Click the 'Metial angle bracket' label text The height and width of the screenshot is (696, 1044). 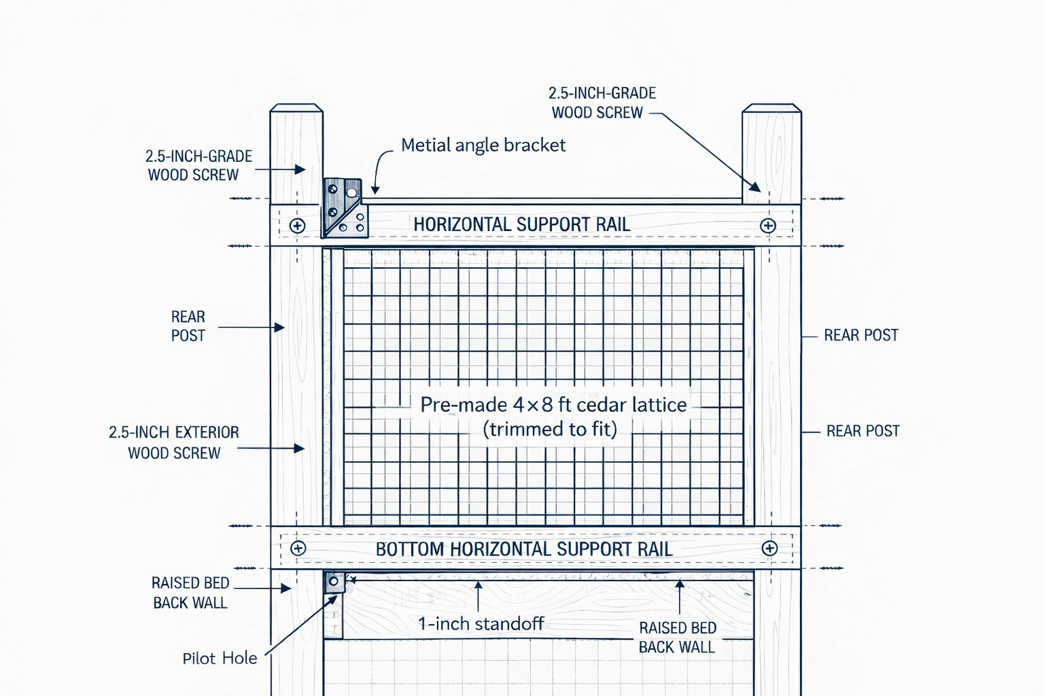tap(483, 145)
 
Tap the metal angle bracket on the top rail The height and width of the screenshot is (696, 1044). tap(345, 208)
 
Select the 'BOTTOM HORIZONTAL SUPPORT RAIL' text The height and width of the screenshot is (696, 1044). tap(524, 549)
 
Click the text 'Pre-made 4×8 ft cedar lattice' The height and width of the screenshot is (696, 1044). tap(553, 405)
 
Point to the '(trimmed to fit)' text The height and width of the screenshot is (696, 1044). tap(550, 430)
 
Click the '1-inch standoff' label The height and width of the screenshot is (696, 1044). tap(481, 624)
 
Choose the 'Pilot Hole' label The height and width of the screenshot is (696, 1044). tap(220, 659)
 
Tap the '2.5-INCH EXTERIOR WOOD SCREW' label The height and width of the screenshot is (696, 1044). tap(174, 442)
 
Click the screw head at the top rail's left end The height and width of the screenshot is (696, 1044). tap(297, 226)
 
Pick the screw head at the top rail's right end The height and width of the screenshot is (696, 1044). tap(768, 226)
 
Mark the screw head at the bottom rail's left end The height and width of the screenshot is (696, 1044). tap(298, 549)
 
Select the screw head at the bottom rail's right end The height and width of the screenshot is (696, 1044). tap(769, 549)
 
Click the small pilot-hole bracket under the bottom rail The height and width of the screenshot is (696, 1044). tap(334, 582)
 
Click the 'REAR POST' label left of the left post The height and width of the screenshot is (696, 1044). tap(188, 326)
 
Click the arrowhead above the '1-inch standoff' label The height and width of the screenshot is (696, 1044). tap(478, 584)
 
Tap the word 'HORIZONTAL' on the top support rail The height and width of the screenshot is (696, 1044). tap(462, 225)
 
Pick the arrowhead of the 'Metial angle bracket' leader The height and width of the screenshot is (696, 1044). tap(375, 191)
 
